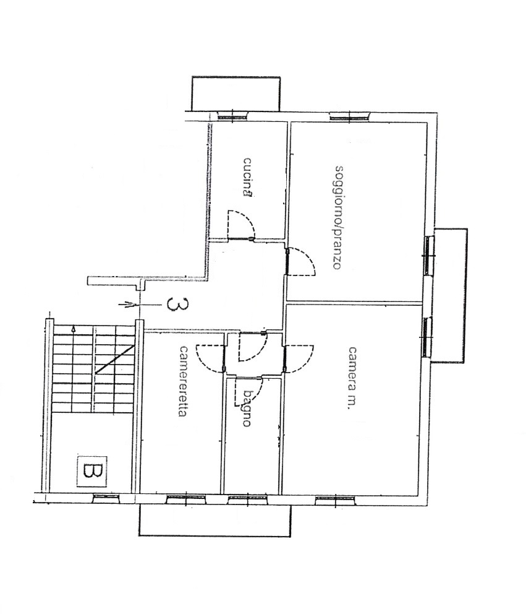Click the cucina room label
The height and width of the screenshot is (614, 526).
247,177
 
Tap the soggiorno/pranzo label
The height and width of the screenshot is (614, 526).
338,218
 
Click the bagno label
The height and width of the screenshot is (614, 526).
247,408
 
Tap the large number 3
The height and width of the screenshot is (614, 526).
172,304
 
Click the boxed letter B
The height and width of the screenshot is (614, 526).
92,471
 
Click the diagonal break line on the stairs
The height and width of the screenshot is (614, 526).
115,359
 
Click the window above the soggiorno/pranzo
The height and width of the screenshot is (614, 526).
350,116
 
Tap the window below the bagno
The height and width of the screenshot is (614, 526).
248,499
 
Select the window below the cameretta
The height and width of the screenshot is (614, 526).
186,499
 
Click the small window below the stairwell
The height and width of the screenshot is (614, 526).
106,498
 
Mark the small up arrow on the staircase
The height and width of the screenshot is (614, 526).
74,330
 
